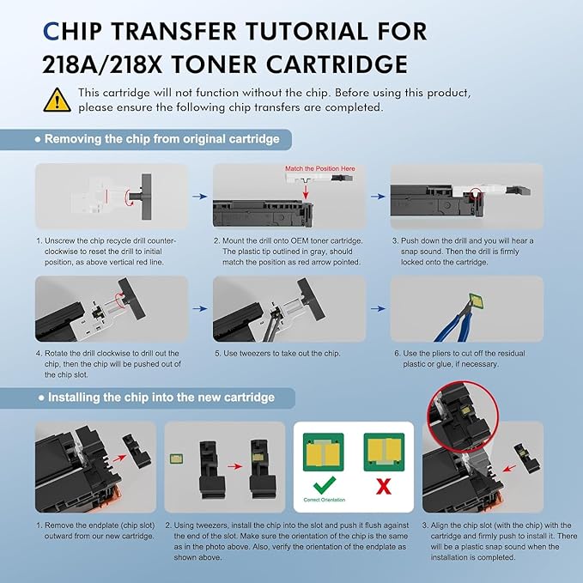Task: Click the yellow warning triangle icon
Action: pos(57,100)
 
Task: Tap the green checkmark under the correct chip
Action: pos(325,485)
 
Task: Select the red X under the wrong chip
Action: pos(384,486)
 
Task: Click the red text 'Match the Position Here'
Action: pos(320,168)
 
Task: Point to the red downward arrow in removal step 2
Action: pos(306,191)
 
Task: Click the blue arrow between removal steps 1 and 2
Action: pos(200,197)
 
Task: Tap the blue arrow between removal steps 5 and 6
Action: pos(378,308)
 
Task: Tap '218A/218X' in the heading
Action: pos(102,64)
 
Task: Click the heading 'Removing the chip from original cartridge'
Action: pos(161,139)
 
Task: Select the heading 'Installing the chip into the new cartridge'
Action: pos(161,398)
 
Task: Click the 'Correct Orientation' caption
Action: pos(325,500)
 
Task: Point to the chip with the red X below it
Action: pos(384,452)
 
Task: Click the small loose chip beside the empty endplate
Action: pos(176,459)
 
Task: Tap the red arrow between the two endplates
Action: pos(235,466)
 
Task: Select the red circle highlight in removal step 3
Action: pos(475,196)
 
